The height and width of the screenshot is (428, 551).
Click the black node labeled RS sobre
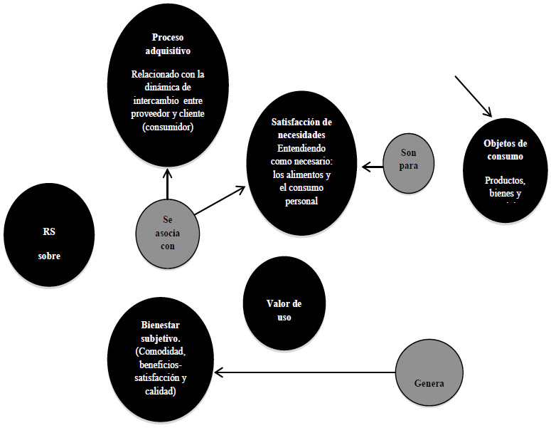(49, 234)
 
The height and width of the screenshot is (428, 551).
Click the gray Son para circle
(408, 160)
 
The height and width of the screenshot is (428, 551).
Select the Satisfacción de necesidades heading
(302, 128)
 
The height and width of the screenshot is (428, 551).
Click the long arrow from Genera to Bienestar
(306, 372)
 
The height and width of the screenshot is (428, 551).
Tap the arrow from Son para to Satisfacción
(373, 167)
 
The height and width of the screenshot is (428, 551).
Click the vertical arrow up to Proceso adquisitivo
(167, 185)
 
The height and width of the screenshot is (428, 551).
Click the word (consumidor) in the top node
(168, 127)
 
